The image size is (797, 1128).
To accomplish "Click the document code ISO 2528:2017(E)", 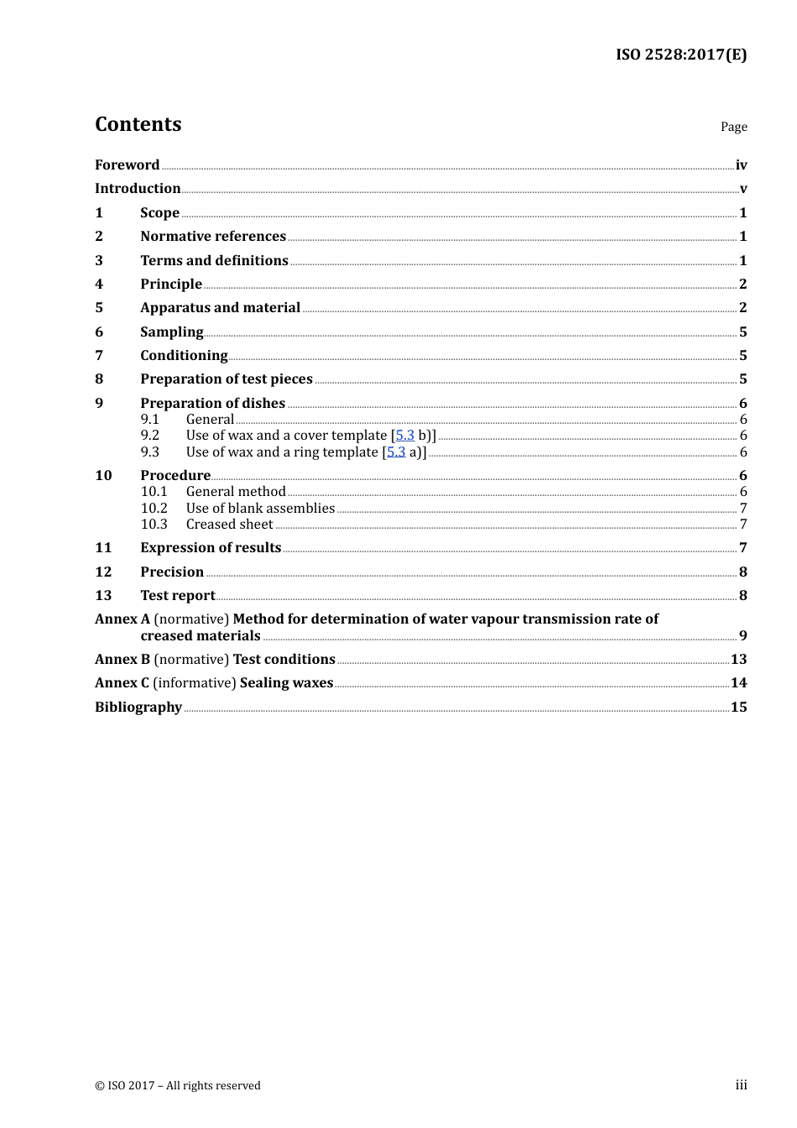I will (x=680, y=55).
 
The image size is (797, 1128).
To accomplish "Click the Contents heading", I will (x=138, y=124).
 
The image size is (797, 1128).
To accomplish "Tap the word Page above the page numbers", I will (x=733, y=127).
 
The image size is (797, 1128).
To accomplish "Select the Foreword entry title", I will (x=127, y=165).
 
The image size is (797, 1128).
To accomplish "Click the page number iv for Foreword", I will (x=741, y=165).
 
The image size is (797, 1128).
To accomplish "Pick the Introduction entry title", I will (x=138, y=189).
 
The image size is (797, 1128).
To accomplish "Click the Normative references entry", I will (x=213, y=237).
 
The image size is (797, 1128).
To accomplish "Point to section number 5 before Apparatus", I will (x=99, y=308).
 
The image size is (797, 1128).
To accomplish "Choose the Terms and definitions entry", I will (x=214, y=261).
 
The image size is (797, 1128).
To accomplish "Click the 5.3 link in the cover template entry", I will (x=404, y=436).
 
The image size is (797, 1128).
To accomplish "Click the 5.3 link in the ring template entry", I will (x=396, y=452).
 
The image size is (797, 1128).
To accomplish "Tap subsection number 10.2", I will (x=154, y=509).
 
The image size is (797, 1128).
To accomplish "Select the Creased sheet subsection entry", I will (x=229, y=525).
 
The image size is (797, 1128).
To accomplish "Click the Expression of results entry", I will (x=211, y=548).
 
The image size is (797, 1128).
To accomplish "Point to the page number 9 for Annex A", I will (x=742, y=636).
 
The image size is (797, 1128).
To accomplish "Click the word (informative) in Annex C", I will (x=195, y=683).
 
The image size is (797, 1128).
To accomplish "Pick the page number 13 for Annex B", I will (x=738, y=660).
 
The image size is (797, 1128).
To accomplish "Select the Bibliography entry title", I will (x=138, y=708).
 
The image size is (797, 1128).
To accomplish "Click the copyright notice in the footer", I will (x=178, y=1086).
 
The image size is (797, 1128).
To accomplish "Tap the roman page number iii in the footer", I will (x=741, y=1085).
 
